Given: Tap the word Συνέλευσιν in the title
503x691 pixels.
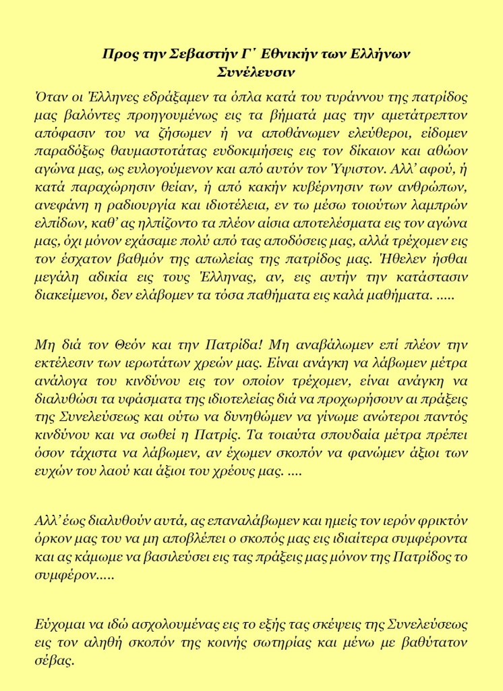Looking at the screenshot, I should tap(251, 70).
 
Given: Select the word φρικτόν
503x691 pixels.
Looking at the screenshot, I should tap(444, 522).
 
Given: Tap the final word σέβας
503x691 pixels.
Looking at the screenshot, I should tap(53, 660).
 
